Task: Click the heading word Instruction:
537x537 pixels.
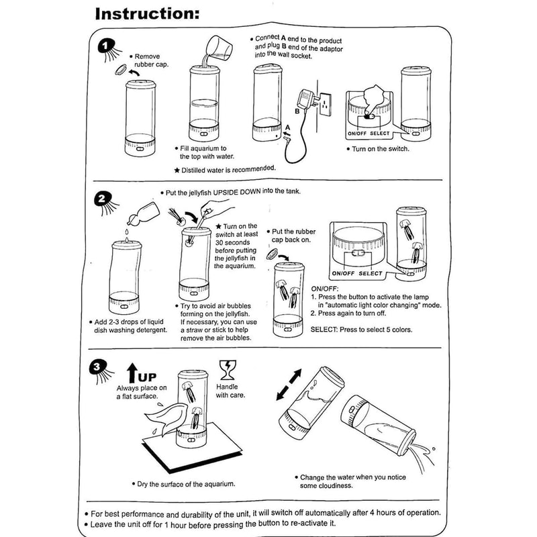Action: pyautogui.click(x=147, y=14)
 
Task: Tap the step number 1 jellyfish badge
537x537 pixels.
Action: pyautogui.click(x=108, y=50)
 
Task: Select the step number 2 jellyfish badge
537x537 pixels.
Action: pyautogui.click(x=105, y=203)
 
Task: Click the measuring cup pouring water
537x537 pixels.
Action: pyautogui.click(x=219, y=47)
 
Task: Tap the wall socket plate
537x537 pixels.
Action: pyautogui.click(x=326, y=104)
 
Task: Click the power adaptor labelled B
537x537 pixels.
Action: pyautogui.click(x=305, y=99)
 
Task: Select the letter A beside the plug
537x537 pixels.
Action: pyautogui.click(x=288, y=128)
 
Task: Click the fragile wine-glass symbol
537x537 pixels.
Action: pyautogui.click(x=228, y=370)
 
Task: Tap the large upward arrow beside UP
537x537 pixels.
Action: pyautogui.click(x=132, y=373)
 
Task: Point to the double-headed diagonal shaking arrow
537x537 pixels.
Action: pyautogui.click(x=289, y=384)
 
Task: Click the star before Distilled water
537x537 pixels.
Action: pyautogui.click(x=177, y=170)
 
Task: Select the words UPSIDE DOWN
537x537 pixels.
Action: pyautogui.click(x=236, y=192)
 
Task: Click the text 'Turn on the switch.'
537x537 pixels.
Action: pyautogui.click(x=380, y=149)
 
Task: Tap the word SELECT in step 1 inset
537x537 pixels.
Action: pyautogui.click(x=379, y=134)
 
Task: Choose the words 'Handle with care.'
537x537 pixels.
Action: pyautogui.click(x=230, y=391)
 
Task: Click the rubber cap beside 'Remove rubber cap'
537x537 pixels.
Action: pyautogui.click(x=121, y=70)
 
